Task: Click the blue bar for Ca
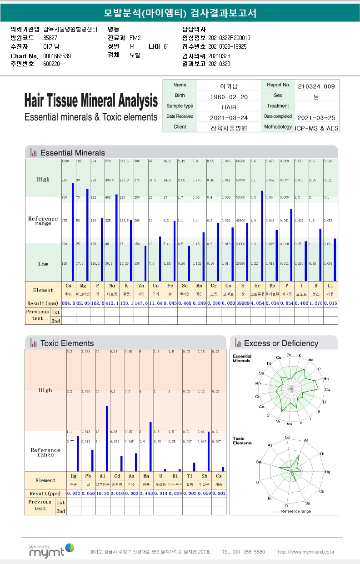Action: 73,232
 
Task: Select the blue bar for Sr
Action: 262,236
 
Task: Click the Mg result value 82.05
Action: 83,303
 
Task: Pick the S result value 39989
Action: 243,303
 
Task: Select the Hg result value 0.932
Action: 74,493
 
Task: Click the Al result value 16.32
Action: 102,493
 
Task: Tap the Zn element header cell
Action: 141,286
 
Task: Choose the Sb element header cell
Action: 205,476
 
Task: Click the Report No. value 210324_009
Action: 316,86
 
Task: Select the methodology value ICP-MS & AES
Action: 316,128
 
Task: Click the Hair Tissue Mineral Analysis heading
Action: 91,101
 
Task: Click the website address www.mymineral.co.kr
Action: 306,552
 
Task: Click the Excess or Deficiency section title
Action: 281,343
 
